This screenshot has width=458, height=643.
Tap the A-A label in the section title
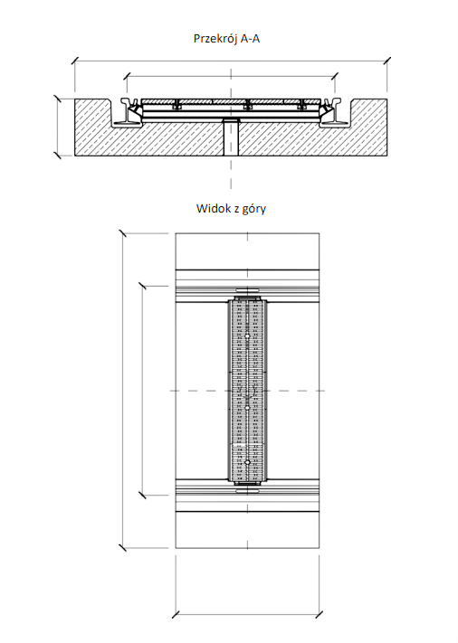click(250, 39)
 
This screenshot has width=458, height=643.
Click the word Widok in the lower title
click(210, 208)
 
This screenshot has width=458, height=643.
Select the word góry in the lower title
click(254, 209)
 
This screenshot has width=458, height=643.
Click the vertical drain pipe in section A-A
click(231, 137)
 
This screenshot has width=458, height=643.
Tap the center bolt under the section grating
click(247, 106)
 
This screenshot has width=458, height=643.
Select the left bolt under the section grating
click(177, 106)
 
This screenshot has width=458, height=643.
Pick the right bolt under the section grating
click(301, 106)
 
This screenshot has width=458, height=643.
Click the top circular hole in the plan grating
click(247, 336)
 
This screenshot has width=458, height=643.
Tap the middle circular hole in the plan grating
click(247, 408)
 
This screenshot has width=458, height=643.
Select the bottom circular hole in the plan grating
click(247, 462)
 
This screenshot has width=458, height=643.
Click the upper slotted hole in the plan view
click(247, 290)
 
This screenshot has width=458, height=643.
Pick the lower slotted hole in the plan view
click(247, 489)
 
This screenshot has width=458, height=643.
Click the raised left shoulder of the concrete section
click(92, 110)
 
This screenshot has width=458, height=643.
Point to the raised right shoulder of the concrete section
click(368, 110)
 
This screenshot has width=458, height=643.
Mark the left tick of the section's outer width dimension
click(75, 61)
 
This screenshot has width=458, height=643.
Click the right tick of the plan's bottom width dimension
click(319, 614)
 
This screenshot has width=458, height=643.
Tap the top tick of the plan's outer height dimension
click(122, 233)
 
